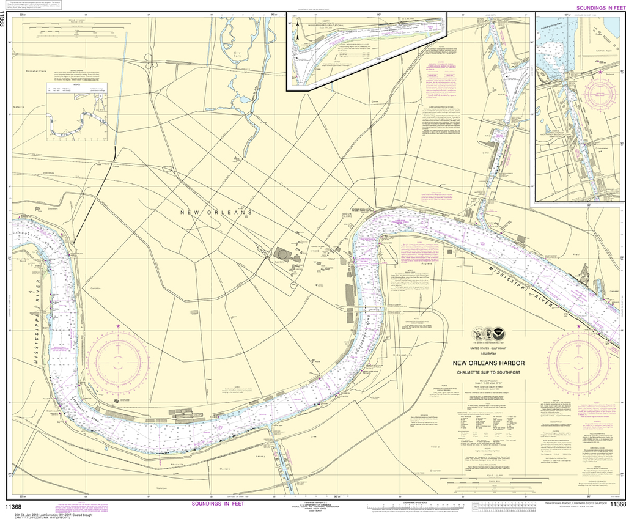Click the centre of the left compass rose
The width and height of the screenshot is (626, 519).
tap(118, 359)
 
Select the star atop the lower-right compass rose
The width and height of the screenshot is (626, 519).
tap(578, 328)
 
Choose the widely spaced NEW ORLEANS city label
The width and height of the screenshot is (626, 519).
tap(216, 212)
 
